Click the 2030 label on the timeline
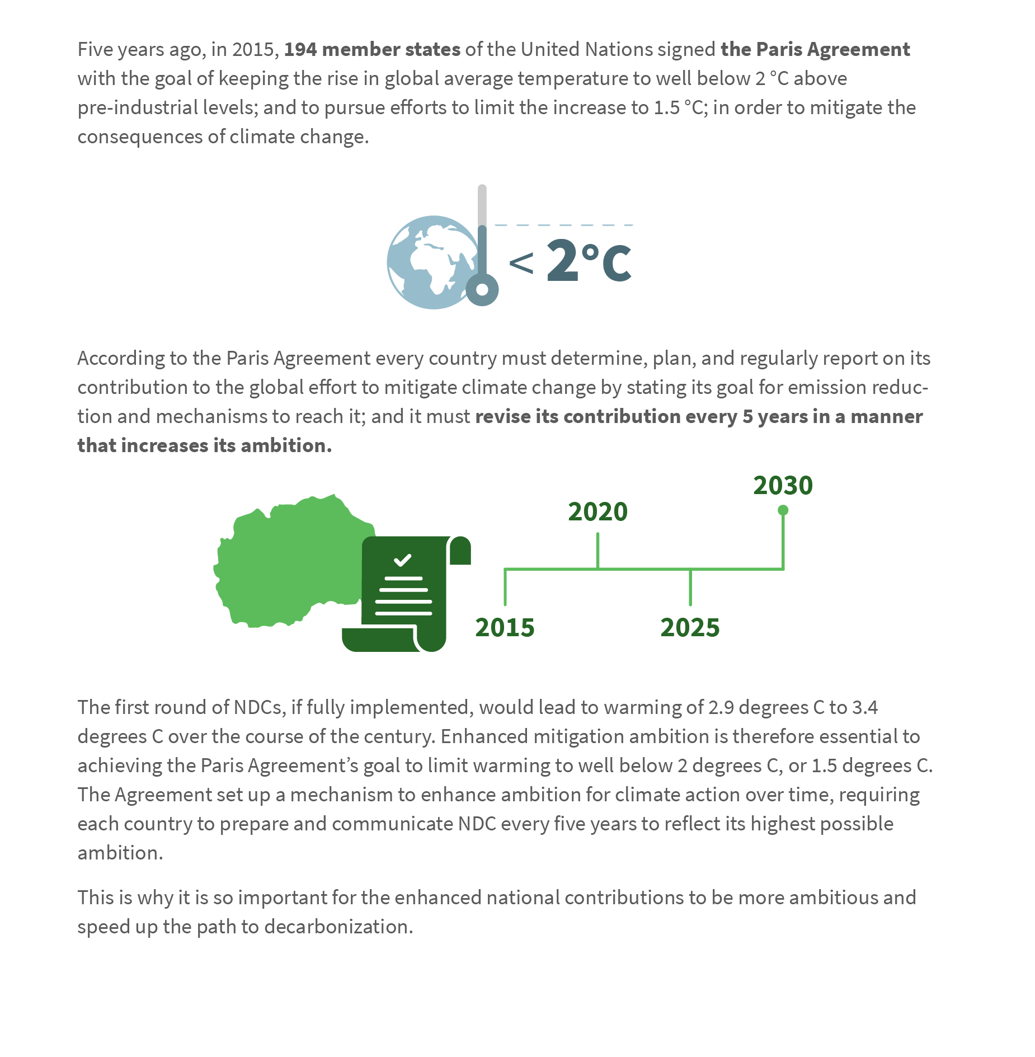pos(782,485)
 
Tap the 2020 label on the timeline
pos(598,511)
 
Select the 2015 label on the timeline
pos(505,627)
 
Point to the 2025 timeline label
pos(690,627)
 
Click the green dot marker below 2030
pos(783,510)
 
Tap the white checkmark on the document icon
pos(403,560)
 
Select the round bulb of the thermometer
pos(482,289)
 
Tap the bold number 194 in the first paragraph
pos(300,49)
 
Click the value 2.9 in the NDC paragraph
pos(721,707)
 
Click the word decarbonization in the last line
pos(338,927)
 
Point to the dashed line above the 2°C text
pos(563,225)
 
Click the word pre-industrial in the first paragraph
pos(138,107)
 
